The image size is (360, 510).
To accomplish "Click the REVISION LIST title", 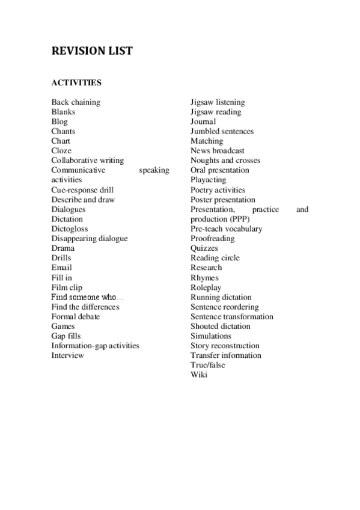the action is pyautogui.click(x=91, y=51).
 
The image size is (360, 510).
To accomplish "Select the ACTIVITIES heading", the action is pyautogui.click(x=76, y=82).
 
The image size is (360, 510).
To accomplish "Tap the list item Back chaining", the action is pyautogui.click(x=76, y=102).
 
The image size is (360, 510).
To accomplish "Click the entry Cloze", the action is pyautogui.click(x=61, y=150).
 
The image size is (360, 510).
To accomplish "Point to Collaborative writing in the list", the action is pyautogui.click(x=88, y=161).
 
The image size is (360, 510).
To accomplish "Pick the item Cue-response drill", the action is pyautogui.click(x=82, y=189).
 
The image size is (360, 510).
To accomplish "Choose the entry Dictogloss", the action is pyautogui.click(x=69, y=229).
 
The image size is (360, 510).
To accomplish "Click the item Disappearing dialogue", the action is pyautogui.click(x=90, y=238).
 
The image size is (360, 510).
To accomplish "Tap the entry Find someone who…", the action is pyautogui.click(x=87, y=297).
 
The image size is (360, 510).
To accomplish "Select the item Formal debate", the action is pyautogui.click(x=76, y=316).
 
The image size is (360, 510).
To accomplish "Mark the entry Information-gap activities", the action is pyautogui.click(x=95, y=346).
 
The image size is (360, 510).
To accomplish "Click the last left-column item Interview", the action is pyautogui.click(x=67, y=355).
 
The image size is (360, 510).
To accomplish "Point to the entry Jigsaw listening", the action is pyautogui.click(x=218, y=102).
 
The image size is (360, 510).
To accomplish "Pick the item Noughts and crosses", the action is pyautogui.click(x=225, y=161).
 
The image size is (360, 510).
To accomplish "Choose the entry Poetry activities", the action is pyautogui.click(x=218, y=189).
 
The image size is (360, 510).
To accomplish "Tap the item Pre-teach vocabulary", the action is pyautogui.click(x=226, y=229).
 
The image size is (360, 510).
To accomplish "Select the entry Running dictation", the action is pyautogui.click(x=221, y=297).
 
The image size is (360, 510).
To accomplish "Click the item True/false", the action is pyautogui.click(x=208, y=365).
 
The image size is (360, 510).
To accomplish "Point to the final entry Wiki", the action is pyautogui.click(x=199, y=375).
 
